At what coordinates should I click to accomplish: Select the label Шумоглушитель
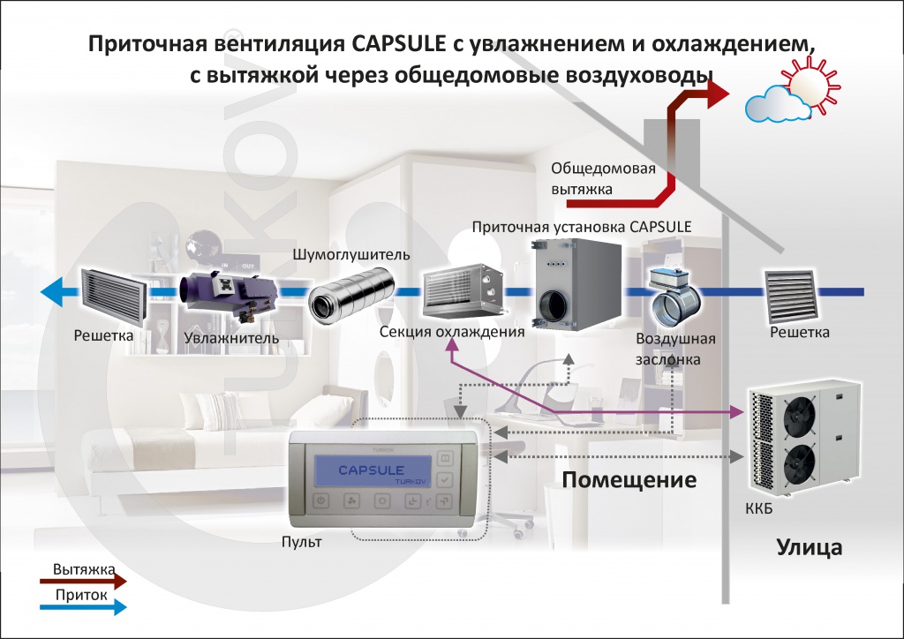[x=352, y=255]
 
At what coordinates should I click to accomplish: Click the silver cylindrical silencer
[x=349, y=292]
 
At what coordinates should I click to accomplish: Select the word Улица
[x=809, y=547]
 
